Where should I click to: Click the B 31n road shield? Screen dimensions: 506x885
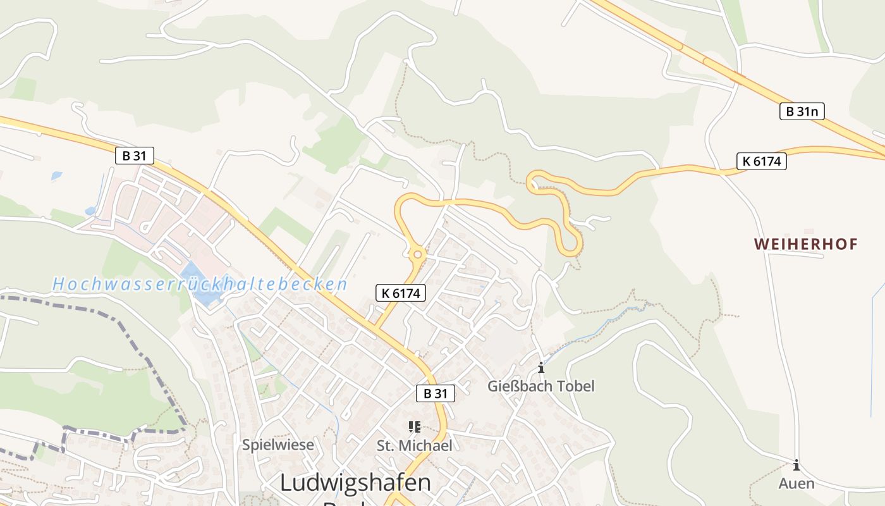tap(802, 112)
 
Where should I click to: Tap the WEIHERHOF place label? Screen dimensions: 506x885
tap(806, 244)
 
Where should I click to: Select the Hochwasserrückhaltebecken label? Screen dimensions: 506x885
tap(200, 284)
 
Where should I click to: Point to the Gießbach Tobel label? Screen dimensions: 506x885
tap(541, 386)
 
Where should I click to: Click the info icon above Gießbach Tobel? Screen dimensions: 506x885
tap(541, 367)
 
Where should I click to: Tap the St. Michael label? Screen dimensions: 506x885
tap(415, 445)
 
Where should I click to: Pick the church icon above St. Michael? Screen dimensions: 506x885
tap(415, 427)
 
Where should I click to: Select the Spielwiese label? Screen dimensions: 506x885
tap(278, 445)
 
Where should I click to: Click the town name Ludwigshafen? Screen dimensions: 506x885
tap(355, 483)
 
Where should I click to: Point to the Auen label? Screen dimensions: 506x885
tap(796, 484)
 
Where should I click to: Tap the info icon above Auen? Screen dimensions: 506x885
tap(796, 466)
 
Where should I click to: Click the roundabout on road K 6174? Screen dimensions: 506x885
tap(417, 255)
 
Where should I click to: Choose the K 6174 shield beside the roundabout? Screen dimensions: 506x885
tap(401, 293)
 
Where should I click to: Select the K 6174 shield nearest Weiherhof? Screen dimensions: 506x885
tap(762, 161)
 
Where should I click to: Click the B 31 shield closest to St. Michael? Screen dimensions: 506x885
tap(436, 393)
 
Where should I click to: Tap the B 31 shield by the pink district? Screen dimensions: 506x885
tap(135, 156)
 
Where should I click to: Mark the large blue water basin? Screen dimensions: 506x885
tap(201, 284)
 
